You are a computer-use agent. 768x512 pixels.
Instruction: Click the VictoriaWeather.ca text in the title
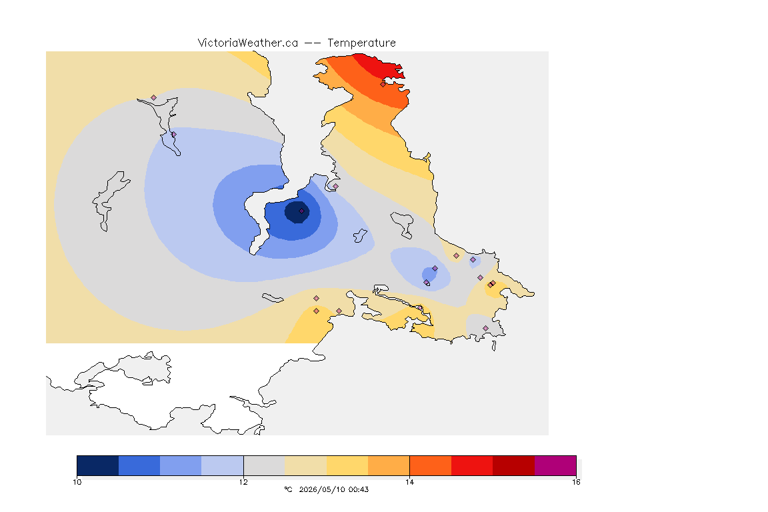click(248, 43)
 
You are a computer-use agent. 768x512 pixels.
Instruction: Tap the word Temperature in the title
click(361, 43)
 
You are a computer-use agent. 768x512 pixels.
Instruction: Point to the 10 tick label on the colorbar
click(77, 482)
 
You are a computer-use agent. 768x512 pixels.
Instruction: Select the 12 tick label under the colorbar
click(243, 482)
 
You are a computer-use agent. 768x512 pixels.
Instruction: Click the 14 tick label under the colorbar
click(409, 482)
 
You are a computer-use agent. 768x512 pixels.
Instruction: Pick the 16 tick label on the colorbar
click(576, 482)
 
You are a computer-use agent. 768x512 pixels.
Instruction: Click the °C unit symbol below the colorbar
click(288, 489)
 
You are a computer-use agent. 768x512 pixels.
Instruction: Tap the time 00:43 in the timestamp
click(359, 489)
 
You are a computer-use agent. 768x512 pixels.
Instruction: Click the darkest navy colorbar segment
click(98, 465)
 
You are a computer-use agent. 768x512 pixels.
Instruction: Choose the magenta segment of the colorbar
click(555, 465)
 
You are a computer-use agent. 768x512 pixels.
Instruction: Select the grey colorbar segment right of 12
click(264, 465)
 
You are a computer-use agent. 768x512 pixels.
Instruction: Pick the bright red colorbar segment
click(472, 465)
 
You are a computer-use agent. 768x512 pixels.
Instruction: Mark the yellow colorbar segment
click(347, 465)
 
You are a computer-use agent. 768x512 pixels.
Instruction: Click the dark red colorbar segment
click(513, 465)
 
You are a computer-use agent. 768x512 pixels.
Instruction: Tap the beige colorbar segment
click(305, 465)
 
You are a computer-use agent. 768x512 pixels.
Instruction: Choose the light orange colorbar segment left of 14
click(389, 465)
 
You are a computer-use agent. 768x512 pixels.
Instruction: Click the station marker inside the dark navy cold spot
click(302, 211)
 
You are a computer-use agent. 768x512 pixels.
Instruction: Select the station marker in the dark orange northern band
click(383, 84)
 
